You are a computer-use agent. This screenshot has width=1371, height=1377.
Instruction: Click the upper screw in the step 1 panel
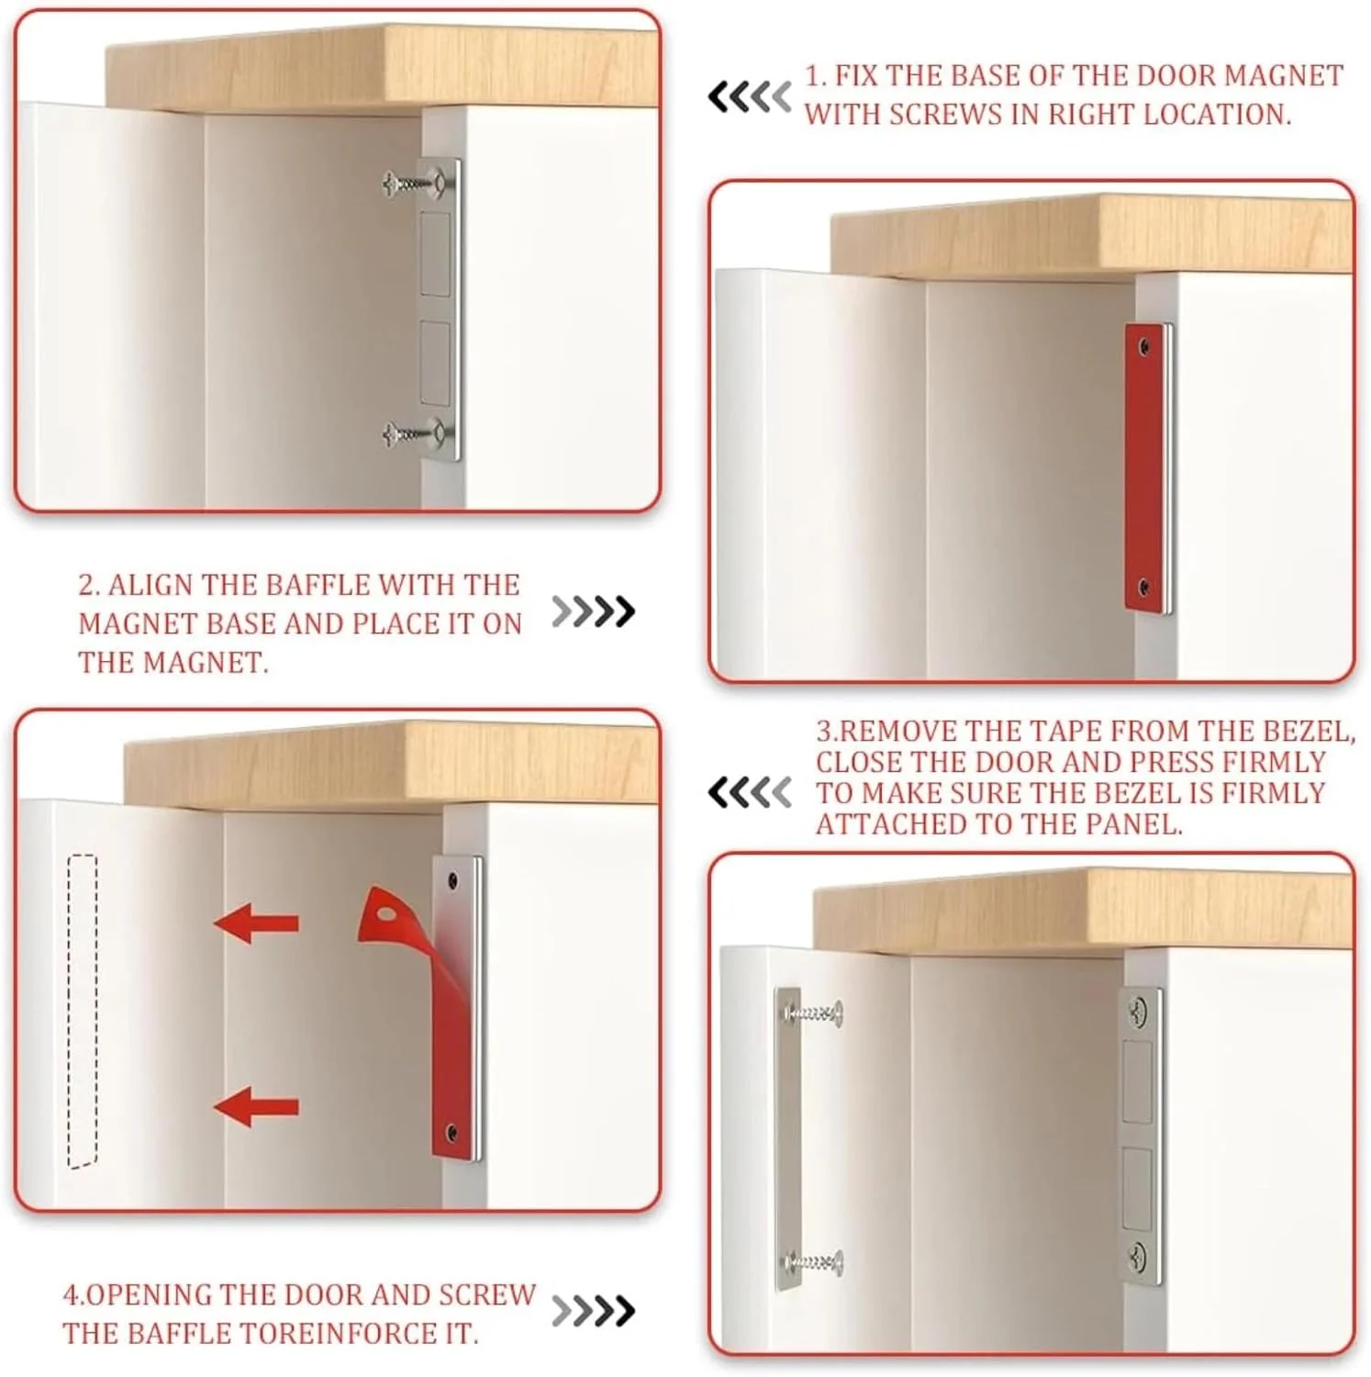(x=413, y=185)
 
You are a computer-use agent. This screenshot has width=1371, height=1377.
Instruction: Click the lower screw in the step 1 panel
(x=413, y=431)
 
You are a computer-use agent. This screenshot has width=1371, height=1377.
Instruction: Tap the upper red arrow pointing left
(x=256, y=922)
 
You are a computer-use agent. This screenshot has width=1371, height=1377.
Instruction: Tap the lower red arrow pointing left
(x=256, y=1105)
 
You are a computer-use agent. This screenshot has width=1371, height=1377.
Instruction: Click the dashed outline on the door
(x=83, y=1012)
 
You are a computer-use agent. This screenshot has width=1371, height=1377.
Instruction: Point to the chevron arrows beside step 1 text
(x=749, y=96)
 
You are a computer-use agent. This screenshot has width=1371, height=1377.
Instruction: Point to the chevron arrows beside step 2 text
(x=593, y=611)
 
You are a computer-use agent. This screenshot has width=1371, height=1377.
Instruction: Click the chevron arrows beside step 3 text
(x=749, y=792)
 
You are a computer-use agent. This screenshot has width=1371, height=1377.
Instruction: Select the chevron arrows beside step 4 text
(x=593, y=1311)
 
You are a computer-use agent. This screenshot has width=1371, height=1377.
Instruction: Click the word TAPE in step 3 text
(x=1063, y=732)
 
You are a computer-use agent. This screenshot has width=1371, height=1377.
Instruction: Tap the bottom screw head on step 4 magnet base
(x=1138, y=1256)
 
